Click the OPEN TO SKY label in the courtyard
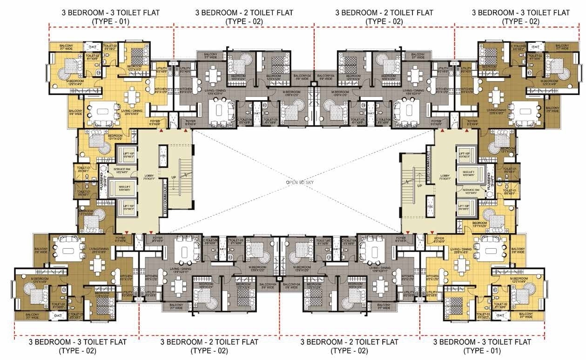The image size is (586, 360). [x=300, y=183]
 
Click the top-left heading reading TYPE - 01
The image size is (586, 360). [x=111, y=21]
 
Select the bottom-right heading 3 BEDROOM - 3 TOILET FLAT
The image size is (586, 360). [x=482, y=342]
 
